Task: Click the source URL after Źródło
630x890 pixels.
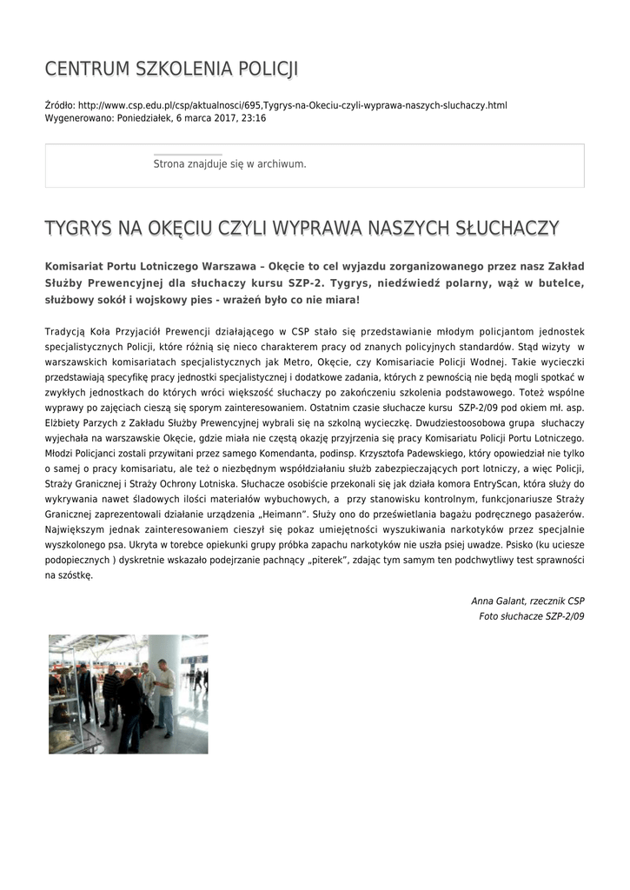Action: click(292, 105)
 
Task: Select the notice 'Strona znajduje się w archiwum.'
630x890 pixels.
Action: click(229, 163)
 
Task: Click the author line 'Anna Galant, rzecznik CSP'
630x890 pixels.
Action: click(527, 601)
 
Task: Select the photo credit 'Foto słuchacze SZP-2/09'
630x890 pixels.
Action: click(531, 615)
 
